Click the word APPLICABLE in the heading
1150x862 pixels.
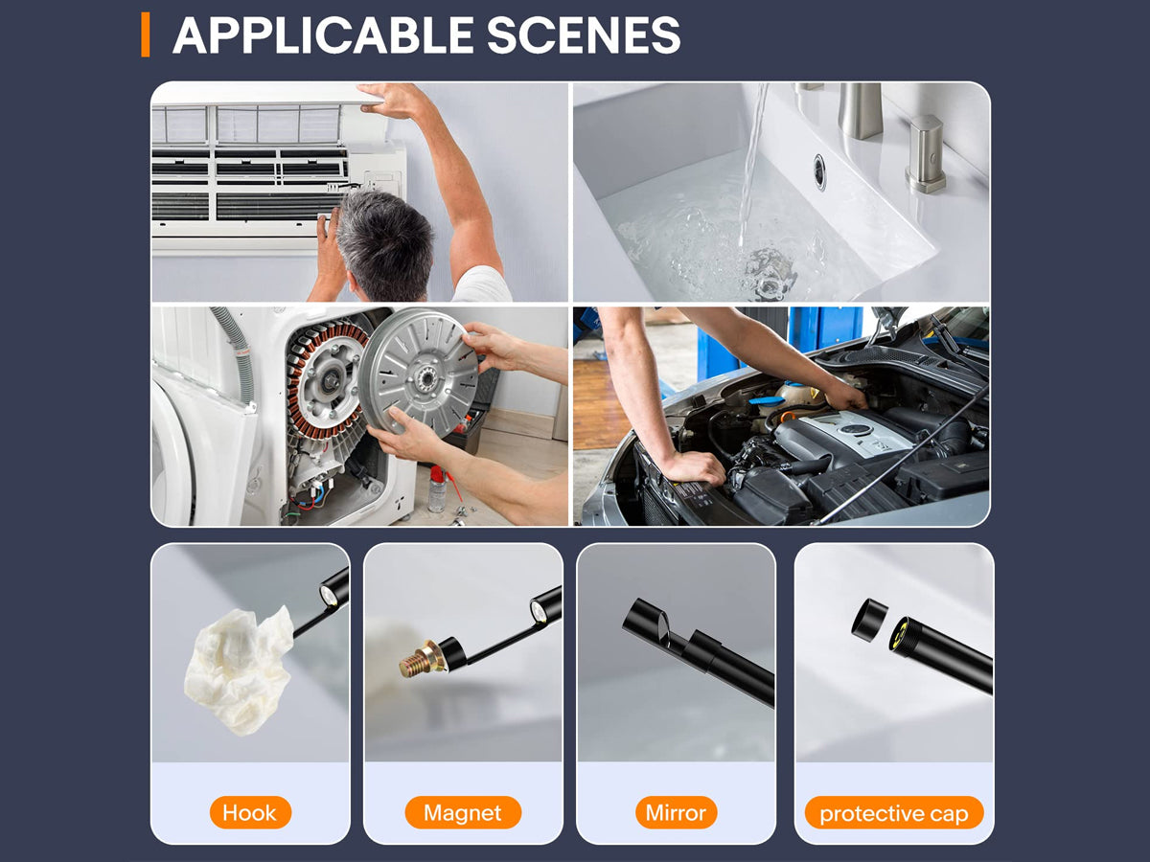[323, 34]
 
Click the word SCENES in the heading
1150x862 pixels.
[584, 34]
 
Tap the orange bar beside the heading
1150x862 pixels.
[145, 34]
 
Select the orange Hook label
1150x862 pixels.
[250, 812]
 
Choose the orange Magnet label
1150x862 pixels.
[463, 812]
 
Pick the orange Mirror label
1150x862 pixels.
[676, 812]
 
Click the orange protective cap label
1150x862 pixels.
[894, 812]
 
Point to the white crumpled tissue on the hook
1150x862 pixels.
[239, 669]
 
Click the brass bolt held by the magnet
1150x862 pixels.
[420, 660]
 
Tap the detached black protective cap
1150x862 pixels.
[869, 621]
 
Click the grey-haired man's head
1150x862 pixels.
[384, 243]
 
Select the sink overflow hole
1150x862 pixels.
[818, 171]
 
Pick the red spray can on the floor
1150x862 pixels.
[437, 488]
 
